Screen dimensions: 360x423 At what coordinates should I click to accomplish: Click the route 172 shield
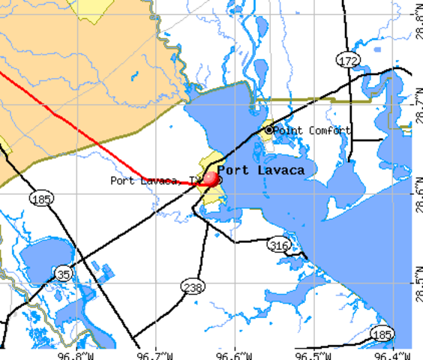click(346, 60)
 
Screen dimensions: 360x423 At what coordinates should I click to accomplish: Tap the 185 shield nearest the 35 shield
click(40, 199)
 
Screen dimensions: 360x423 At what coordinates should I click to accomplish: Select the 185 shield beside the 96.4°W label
click(382, 334)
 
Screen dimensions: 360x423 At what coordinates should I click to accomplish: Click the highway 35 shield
click(64, 274)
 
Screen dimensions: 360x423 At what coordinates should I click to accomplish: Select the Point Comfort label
click(312, 130)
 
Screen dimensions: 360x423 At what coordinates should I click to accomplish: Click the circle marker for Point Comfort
click(269, 130)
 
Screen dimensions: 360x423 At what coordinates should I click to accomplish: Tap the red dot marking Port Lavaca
click(211, 179)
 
